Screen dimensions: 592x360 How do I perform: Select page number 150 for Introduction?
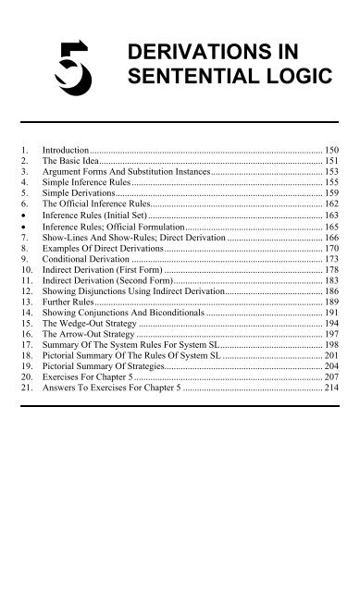pos(331,149)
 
